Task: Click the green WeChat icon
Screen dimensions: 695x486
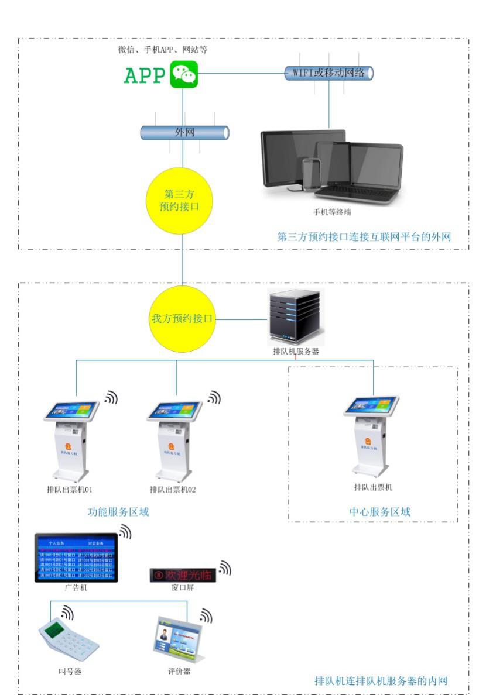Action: point(184,74)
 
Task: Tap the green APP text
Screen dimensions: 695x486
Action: point(144,75)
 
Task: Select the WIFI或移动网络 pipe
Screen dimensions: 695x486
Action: point(328,73)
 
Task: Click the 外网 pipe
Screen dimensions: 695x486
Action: point(184,133)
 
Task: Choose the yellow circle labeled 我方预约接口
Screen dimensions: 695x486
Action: point(182,319)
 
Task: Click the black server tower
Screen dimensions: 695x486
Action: point(295,316)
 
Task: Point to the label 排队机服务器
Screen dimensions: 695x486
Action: point(295,352)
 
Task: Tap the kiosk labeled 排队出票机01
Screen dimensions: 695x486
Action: point(71,439)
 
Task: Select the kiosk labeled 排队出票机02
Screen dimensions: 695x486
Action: point(174,439)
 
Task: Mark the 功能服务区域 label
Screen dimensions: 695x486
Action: point(118,512)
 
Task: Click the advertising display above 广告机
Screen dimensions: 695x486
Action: point(76,558)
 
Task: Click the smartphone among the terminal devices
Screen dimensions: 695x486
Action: point(311,173)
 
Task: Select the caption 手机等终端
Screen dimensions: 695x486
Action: point(332,212)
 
